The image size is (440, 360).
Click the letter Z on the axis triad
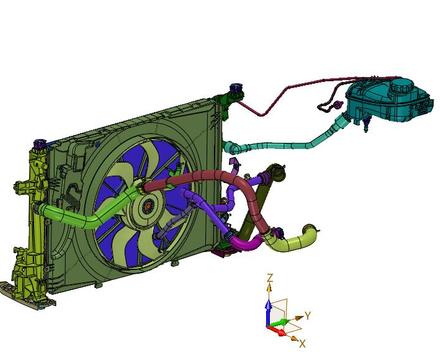click(270, 278)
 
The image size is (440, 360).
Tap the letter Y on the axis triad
click(308, 316)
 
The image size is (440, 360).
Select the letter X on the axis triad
click(302, 344)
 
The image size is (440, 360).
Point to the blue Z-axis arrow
click(268, 313)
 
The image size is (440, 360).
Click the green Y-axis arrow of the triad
click(280, 323)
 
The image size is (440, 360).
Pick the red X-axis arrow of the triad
click(277, 331)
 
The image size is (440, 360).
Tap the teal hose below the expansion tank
click(287, 144)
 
